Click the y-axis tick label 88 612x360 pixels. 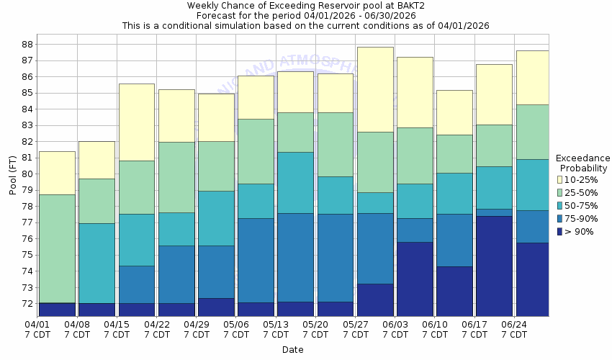click(x=27, y=44)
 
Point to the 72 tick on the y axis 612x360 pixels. click(x=27, y=304)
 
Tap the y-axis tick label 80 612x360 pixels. click(x=27, y=174)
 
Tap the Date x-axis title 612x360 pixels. click(x=292, y=350)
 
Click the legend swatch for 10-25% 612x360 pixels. click(x=559, y=179)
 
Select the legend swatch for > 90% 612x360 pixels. click(x=559, y=231)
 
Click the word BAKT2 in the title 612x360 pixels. click(x=384, y=6)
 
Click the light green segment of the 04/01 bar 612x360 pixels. click(x=58, y=248)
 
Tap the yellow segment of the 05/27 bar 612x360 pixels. click(x=375, y=89)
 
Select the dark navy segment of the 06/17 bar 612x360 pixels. click(x=494, y=266)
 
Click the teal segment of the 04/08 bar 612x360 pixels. click(x=96, y=263)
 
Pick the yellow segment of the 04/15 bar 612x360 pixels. click(x=136, y=122)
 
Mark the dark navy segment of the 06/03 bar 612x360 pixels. click(x=415, y=279)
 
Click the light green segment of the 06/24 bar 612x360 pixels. click(x=531, y=132)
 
